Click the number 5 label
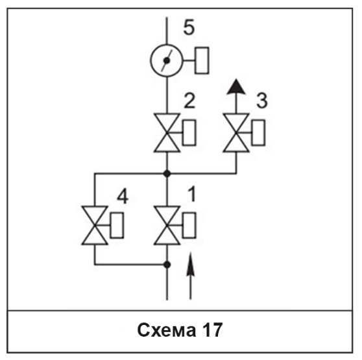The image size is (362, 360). tap(189, 27)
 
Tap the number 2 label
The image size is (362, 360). tap(189, 101)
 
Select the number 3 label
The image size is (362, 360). tap(262, 101)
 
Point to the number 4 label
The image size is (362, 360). tap(123, 197)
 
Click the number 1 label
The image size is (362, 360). tap(192, 194)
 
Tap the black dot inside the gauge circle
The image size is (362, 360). tap(167, 61)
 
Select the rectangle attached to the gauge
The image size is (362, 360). tap(202, 60)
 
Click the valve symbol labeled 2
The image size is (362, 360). tap(167, 133)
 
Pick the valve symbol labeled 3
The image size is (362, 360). tap(236, 133)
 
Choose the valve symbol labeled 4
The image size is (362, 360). tap(95, 225)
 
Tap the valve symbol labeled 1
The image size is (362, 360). tap(167, 225)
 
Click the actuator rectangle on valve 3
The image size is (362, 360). tap(258, 133)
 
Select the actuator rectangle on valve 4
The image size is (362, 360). tap(117, 225)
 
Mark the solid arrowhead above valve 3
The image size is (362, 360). tap(236, 86)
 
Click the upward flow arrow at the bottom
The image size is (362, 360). tap(191, 276)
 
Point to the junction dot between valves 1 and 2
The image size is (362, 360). tap(167, 174)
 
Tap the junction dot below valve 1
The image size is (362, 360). tap(167, 265)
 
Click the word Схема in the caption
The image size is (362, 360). tap(167, 330)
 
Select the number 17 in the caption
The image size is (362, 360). tap(212, 330)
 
